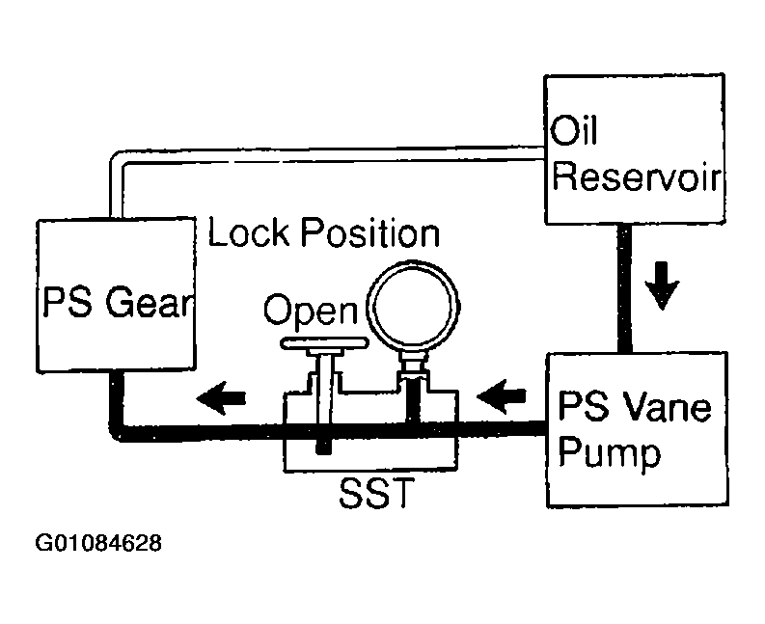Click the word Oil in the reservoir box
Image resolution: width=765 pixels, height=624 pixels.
pyautogui.click(x=574, y=130)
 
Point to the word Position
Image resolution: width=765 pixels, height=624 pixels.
pyautogui.click(x=369, y=232)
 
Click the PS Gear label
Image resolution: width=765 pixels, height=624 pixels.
pyautogui.click(x=117, y=303)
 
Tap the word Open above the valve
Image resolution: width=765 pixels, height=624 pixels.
pyautogui.click(x=311, y=311)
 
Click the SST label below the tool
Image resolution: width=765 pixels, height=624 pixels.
pyautogui.click(x=376, y=492)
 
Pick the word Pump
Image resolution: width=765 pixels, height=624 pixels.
pyautogui.click(x=610, y=453)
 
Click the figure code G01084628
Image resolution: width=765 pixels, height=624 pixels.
pyautogui.click(x=98, y=543)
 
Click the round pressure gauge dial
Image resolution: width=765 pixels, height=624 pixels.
pyautogui.click(x=413, y=306)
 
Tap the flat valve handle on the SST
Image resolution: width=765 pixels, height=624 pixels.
pyautogui.click(x=324, y=343)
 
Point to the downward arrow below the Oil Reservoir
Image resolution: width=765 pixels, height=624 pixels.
pyautogui.click(x=662, y=285)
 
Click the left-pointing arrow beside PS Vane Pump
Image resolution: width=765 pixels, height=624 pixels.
pyautogui.click(x=502, y=396)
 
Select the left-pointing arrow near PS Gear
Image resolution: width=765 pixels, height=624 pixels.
pyautogui.click(x=221, y=397)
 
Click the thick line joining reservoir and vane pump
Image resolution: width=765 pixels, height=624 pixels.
pyautogui.click(x=625, y=287)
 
